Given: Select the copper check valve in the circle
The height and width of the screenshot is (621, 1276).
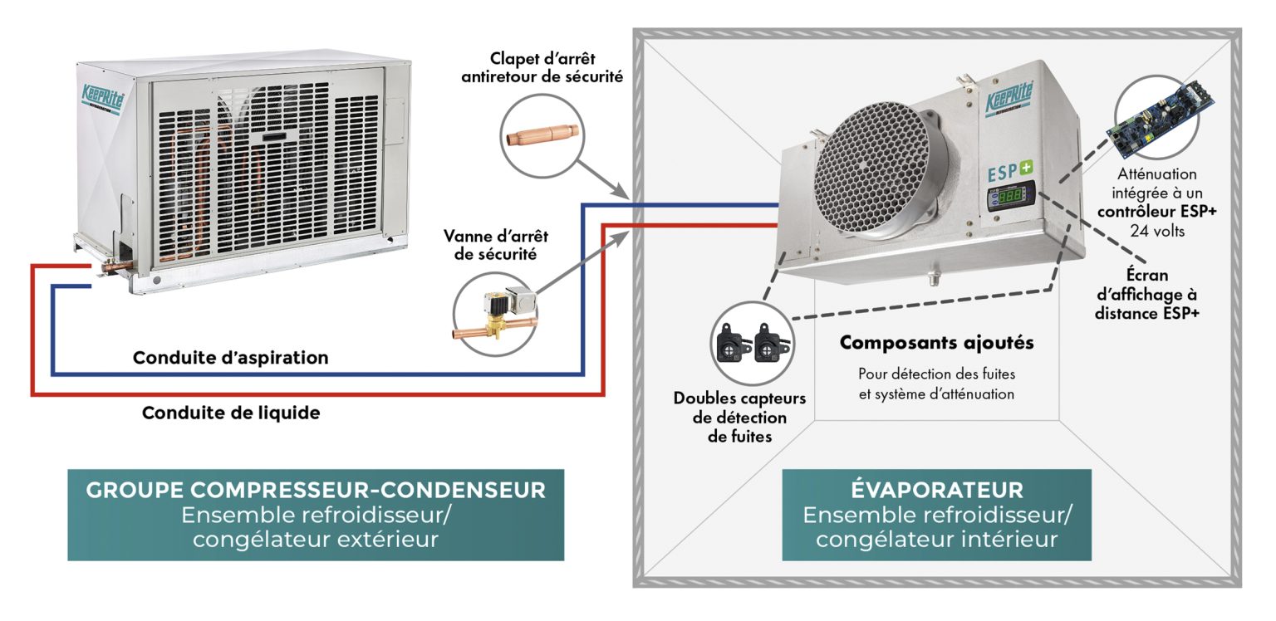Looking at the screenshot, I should click(x=543, y=132).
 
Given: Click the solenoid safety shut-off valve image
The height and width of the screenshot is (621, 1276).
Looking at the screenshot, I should click(x=494, y=313).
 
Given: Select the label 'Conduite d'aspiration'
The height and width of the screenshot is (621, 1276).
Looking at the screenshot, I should click(x=231, y=359).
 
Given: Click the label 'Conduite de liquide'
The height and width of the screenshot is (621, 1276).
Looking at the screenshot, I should click(x=231, y=413).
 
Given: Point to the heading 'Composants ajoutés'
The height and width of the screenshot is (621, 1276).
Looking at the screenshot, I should click(x=936, y=342).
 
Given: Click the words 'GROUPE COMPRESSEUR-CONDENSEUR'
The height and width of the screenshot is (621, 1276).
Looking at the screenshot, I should click(x=316, y=490).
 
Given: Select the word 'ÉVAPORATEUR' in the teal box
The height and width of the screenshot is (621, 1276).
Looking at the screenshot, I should click(x=936, y=490).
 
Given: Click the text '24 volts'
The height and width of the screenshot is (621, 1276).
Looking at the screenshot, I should click(x=1157, y=230).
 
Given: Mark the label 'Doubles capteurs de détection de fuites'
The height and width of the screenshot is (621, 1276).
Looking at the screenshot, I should click(x=739, y=417).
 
